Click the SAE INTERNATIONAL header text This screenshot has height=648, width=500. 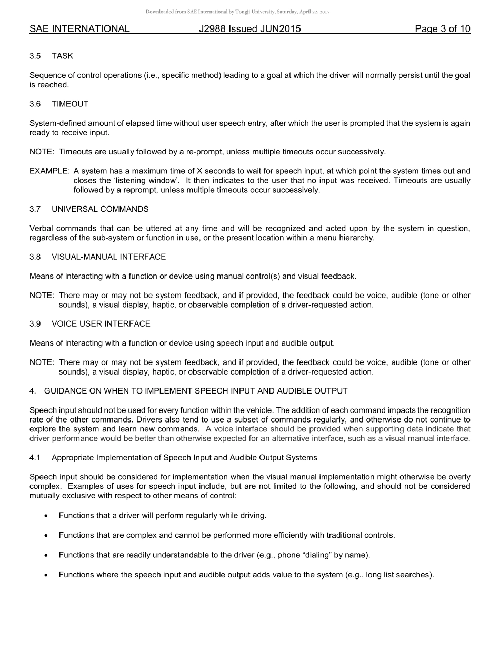tap(79, 29)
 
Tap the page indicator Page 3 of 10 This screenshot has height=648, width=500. tap(442, 29)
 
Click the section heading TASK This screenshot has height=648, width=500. tap(62, 56)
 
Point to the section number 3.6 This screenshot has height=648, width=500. tap(35, 104)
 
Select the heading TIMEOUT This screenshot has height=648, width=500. tap(70, 104)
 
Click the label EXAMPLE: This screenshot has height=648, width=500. tap(49, 171)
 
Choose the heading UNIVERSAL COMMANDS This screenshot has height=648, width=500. tap(100, 209)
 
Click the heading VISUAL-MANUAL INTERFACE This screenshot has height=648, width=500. tap(108, 257)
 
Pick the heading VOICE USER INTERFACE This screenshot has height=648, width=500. tap(101, 323)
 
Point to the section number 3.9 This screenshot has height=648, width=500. tap(35, 323)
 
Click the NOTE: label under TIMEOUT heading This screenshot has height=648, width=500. tap(42, 152)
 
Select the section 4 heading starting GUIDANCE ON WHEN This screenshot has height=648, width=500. tap(196, 390)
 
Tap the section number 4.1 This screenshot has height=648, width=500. tap(35, 457)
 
